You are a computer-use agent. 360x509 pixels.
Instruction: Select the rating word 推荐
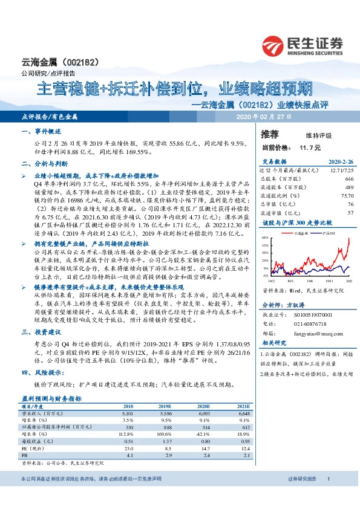269,134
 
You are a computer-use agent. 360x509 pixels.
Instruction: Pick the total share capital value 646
349,180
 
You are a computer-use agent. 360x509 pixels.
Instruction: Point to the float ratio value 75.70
347,196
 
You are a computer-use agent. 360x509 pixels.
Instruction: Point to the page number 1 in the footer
328,496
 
